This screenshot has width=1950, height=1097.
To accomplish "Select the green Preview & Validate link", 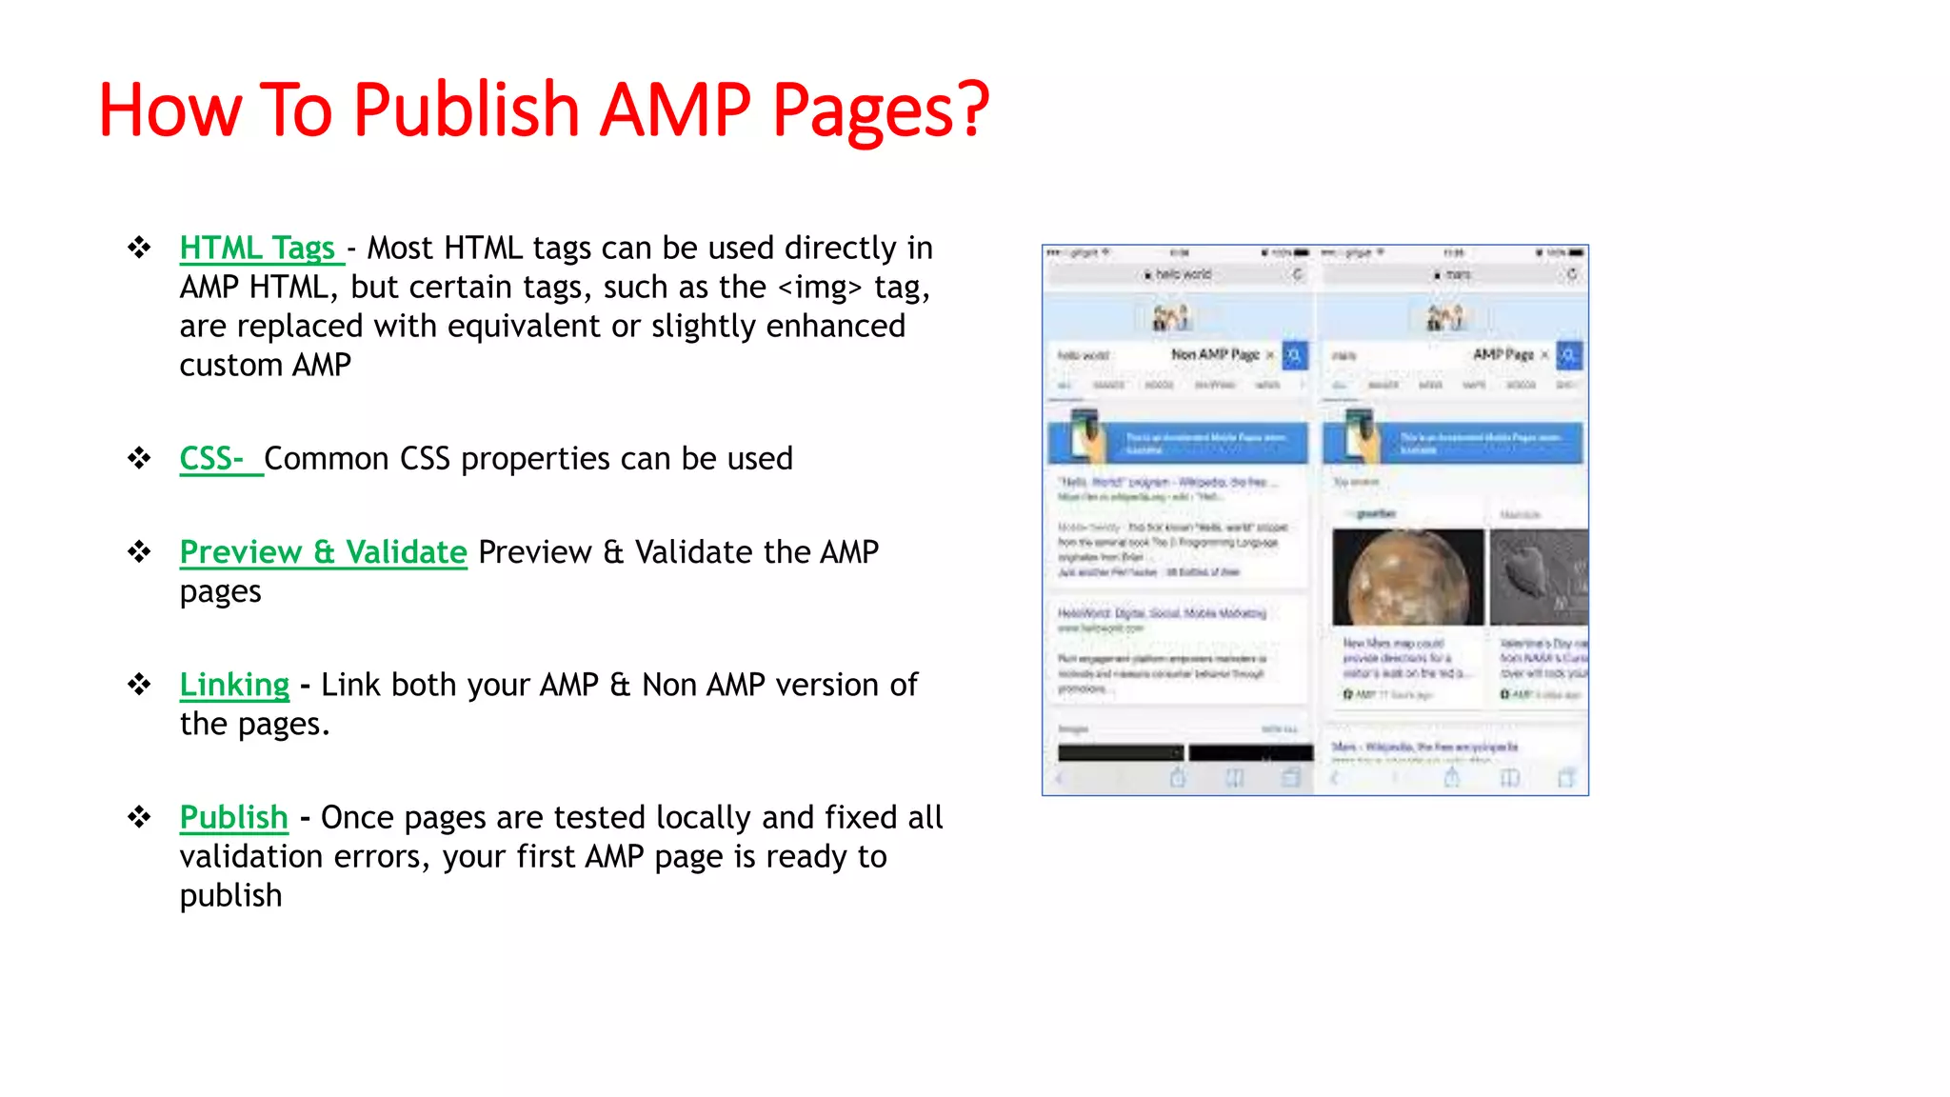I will (x=323, y=552).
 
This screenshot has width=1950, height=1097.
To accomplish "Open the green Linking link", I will (x=234, y=685).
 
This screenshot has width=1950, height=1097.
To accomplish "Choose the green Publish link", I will (x=233, y=817).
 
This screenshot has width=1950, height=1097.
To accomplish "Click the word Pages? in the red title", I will (x=881, y=110).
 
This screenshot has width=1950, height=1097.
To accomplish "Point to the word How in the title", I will (x=169, y=110).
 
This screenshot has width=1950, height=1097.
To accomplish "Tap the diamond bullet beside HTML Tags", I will (x=140, y=249).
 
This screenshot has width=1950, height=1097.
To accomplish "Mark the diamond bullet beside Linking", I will (x=140, y=685).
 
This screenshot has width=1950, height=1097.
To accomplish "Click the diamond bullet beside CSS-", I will (x=140, y=459).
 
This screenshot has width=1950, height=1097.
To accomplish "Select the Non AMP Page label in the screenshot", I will (x=1215, y=354).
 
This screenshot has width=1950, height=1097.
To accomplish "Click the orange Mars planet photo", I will (x=1407, y=577).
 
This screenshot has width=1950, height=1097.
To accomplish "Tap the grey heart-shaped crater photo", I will (x=1538, y=577).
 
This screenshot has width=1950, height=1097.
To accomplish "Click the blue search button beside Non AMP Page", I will (x=1295, y=355).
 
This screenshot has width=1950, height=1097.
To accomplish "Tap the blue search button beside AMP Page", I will (x=1569, y=355).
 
